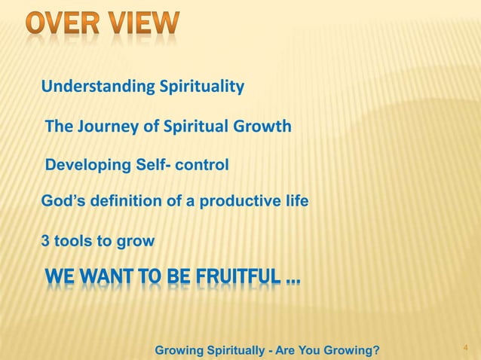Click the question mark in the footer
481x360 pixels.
tap(375, 349)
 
